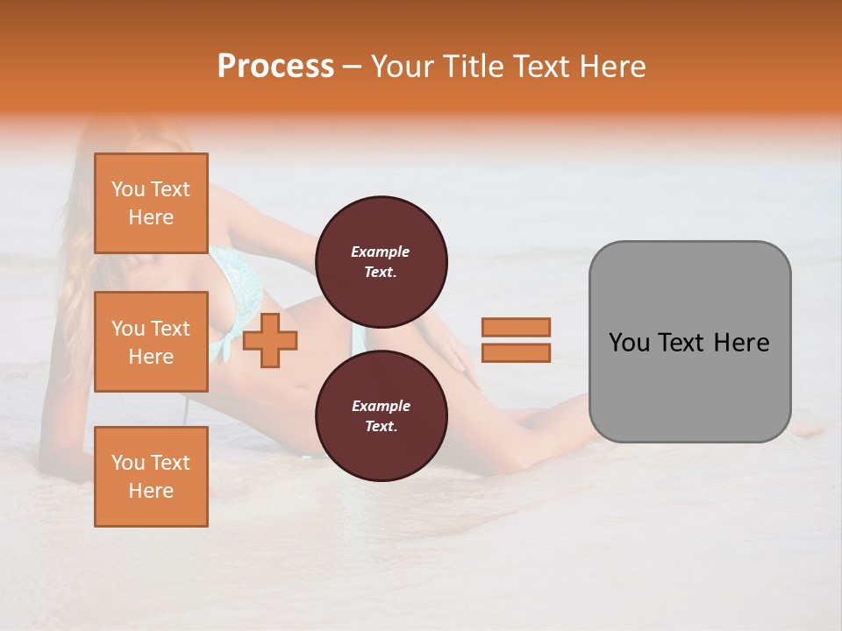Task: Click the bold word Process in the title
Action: [275, 67]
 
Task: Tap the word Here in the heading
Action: [612, 67]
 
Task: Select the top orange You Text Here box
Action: [151, 203]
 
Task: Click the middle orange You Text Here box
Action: [151, 342]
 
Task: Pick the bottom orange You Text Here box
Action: [151, 476]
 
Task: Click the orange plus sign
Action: [270, 340]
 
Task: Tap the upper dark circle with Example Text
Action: [381, 262]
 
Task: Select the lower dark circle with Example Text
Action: [381, 416]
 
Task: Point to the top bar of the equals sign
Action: [516, 327]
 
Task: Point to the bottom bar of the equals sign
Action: [516, 353]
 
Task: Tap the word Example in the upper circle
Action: [381, 252]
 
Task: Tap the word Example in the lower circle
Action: [381, 406]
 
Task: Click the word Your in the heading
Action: [404, 67]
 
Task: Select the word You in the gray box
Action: [628, 343]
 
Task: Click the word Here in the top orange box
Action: [151, 217]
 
